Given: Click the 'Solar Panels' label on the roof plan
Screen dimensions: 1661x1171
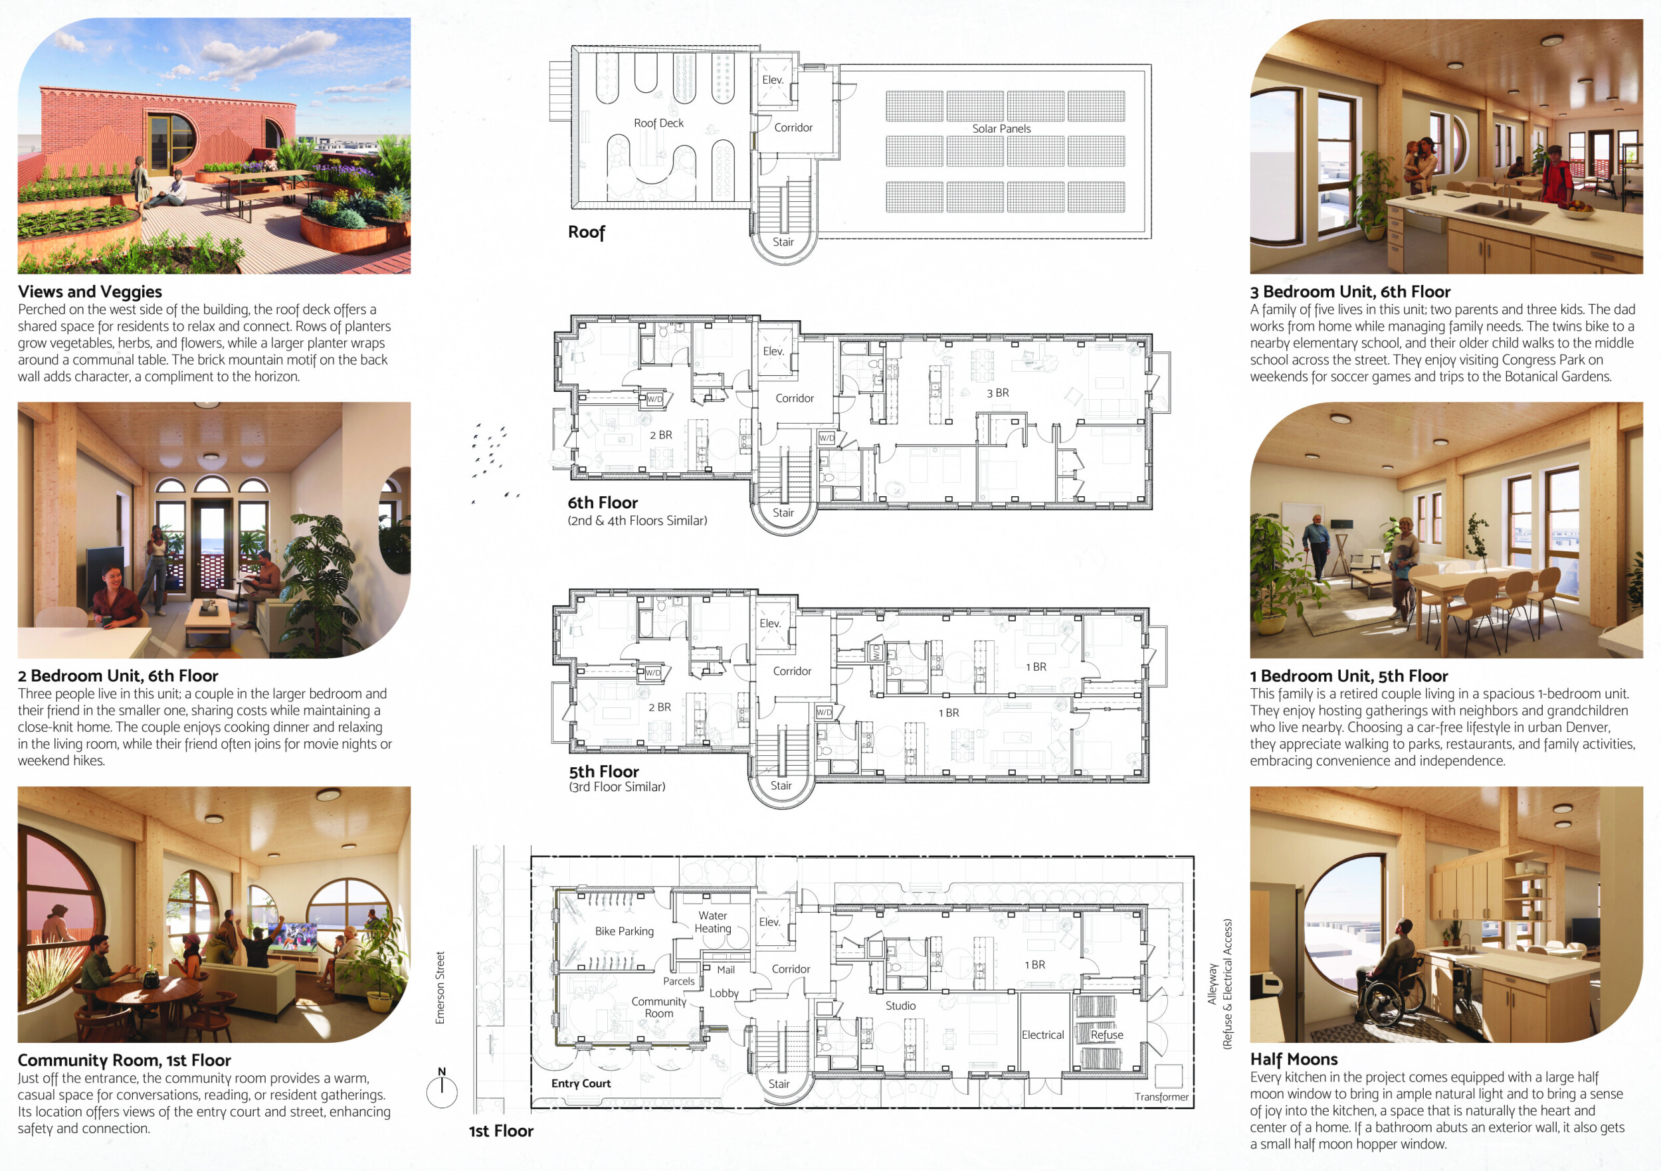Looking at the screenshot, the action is [1001, 129].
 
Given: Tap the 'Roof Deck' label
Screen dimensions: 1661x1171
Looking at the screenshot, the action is [658, 123].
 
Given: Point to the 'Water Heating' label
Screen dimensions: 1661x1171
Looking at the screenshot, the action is [713, 922].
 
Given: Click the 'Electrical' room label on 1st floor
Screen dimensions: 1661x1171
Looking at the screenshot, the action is [1042, 1035].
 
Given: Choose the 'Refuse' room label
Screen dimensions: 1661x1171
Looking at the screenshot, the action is [1107, 1035].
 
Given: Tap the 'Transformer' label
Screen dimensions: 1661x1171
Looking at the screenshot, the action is [1161, 1097].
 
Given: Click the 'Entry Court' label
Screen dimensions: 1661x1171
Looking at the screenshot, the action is [581, 1083].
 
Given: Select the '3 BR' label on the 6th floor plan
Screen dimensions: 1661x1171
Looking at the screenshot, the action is [998, 393].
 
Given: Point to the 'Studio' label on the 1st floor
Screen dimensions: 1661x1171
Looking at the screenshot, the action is [901, 1006].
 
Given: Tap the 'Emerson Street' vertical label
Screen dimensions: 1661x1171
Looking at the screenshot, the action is [440, 987].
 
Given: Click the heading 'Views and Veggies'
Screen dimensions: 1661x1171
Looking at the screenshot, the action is [90, 292].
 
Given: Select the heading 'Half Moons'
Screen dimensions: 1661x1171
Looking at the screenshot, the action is [1294, 1059].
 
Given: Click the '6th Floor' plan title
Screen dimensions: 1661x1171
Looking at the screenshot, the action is [603, 503].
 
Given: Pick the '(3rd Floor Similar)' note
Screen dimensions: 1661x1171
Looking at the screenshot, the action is [617, 787].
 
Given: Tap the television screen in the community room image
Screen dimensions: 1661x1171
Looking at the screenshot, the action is [292, 937].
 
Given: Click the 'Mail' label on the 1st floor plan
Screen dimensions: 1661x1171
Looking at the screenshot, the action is [726, 970].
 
